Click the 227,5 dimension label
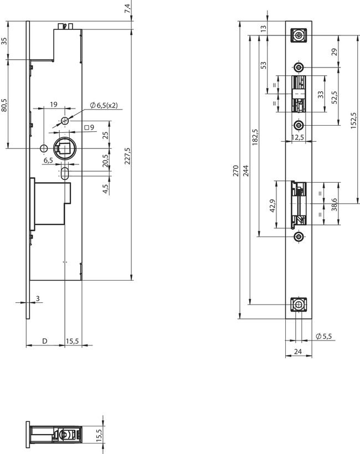pyautogui.click(x=128, y=157)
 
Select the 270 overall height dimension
pyautogui.click(x=235, y=169)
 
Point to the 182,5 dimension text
pyautogui.click(x=255, y=138)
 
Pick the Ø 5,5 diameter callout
pyautogui.click(x=323, y=337)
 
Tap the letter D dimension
pyautogui.click(x=44, y=341)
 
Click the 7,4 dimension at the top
pyautogui.click(x=127, y=8)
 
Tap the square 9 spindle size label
pyautogui.click(x=89, y=127)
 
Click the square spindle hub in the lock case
pyautogui.click(x=63, y=148)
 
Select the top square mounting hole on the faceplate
pyautogui.click(x=299, y=37)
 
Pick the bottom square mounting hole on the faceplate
pyautogui.click(x=299, y=305)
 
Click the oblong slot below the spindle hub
pyautogui.click(x=65, y=173)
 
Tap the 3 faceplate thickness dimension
pyautogui.click(x=37, y=298)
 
